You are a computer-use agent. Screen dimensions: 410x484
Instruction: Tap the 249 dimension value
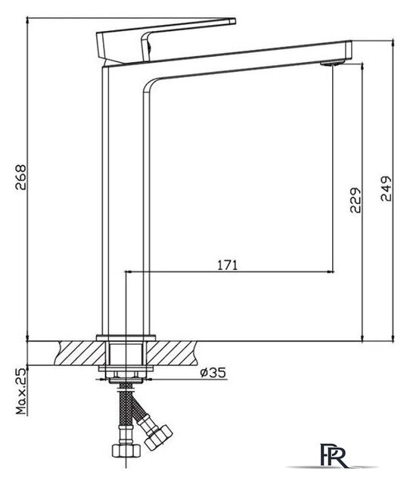386,188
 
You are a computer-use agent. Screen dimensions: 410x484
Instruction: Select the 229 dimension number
355,200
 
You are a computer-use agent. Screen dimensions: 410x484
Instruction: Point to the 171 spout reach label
228,265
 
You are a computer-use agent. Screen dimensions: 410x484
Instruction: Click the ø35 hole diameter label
213,372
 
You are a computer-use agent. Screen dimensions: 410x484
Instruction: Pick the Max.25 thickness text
21,391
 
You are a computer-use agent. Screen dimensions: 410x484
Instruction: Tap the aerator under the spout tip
331,64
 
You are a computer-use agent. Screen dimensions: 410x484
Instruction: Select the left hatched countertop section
82,353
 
